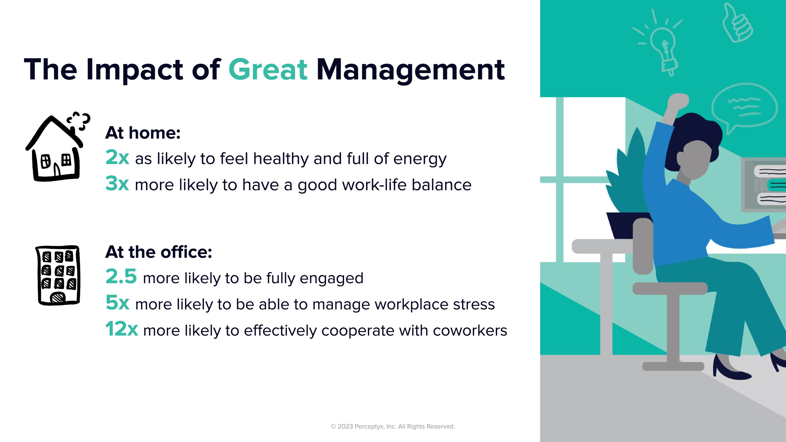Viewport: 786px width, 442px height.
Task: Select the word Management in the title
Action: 410,70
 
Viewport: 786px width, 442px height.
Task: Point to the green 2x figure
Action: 117,158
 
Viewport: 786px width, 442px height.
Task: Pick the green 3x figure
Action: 117,184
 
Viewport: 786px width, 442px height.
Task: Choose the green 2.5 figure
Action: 121,276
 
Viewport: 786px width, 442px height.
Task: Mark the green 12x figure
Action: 121,329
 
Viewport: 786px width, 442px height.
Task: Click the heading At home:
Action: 143,133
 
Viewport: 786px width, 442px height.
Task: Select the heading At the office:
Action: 158,252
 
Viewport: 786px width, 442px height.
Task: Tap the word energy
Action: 420,159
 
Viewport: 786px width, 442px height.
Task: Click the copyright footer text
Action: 393,426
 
